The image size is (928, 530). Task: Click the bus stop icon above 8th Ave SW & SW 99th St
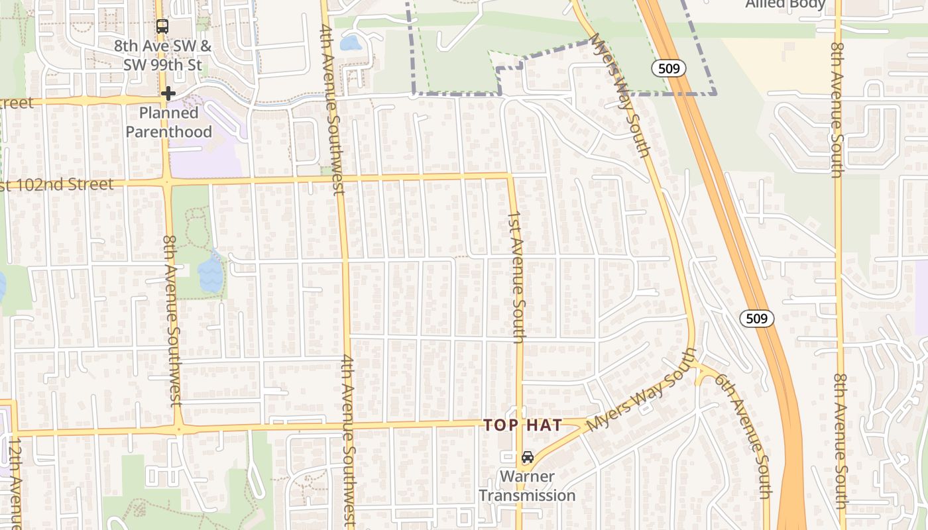[x=162, y=26]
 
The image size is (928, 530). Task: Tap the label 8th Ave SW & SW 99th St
[x=162, y=56]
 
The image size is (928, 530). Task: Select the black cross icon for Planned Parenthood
[x=168, y=93]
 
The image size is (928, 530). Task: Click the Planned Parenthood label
[x=168, y=123]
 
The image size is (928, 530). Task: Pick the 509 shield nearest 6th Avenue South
[x=756, y=319]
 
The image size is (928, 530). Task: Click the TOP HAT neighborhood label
[x=523, y=425]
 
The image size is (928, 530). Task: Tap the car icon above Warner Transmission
[x=528, y=457]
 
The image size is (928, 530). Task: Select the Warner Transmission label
[x=528, y=486]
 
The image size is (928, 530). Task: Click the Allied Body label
[x=785, y=5]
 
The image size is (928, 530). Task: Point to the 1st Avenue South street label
[x=517, y=277]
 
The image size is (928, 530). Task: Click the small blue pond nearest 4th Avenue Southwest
[x=350, y=44]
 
